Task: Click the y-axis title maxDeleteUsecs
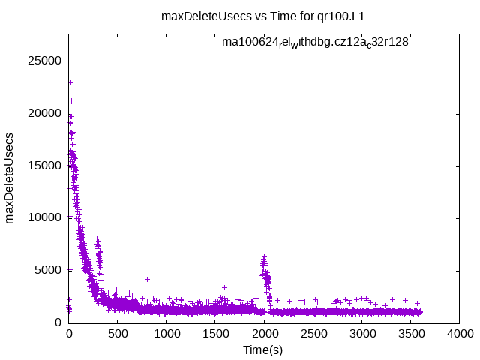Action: coord(10,177)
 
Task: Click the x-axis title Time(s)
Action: coord(263,350)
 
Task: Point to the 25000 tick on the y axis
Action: coord(46,61)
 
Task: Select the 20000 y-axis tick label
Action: coord(46,113)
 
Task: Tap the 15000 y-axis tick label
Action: coord(46,166)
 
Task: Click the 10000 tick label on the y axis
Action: coord(46,217)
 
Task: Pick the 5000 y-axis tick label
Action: coord(49,270)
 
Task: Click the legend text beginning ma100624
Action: coord(315,43)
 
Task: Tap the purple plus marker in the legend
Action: coord(430,43)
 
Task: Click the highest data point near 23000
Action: coord(70,82)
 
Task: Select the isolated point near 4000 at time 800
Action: coord(147,279)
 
